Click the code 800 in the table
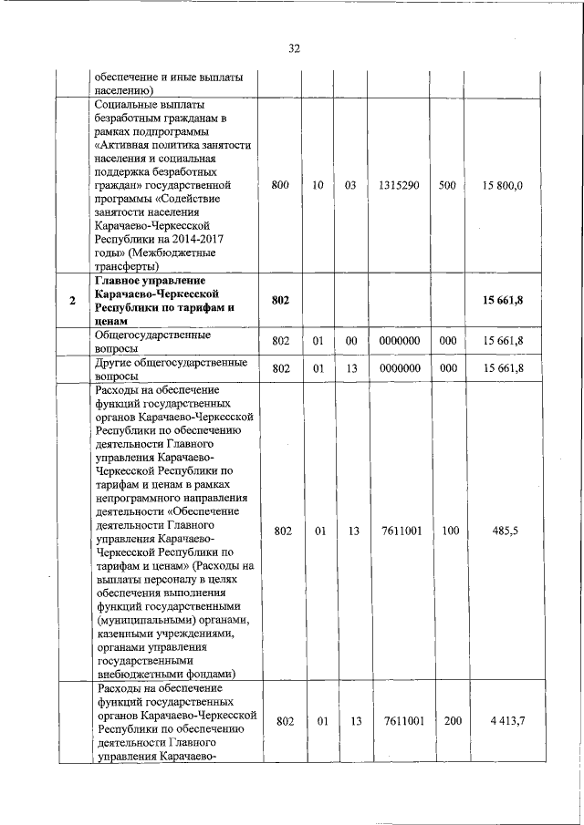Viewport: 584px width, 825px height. [281, 185]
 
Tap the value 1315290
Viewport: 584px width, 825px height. [400, 185]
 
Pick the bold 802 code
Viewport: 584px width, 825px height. [281, 302]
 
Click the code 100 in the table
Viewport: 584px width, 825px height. [450, 531]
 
